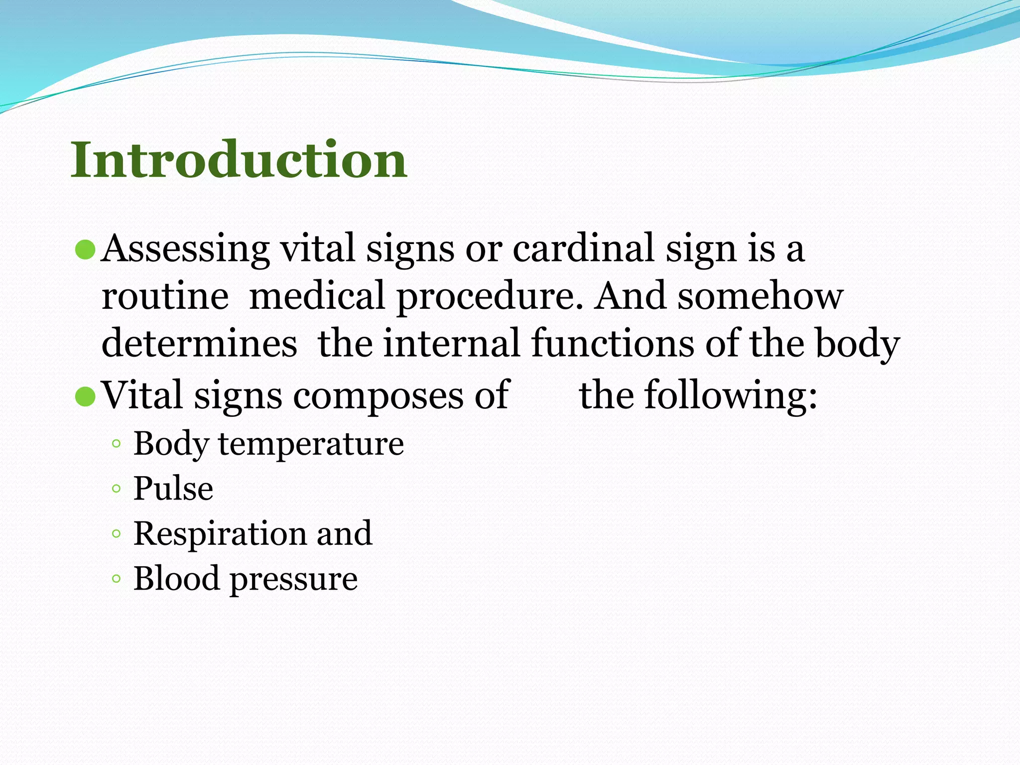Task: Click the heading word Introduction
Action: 239,160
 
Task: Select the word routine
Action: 165,296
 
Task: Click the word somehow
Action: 760,296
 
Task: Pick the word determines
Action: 199,344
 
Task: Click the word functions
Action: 612,344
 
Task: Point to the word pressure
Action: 293,579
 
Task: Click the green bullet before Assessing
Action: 85,250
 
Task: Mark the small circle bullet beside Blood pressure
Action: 116,579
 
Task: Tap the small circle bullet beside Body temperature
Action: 116,443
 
